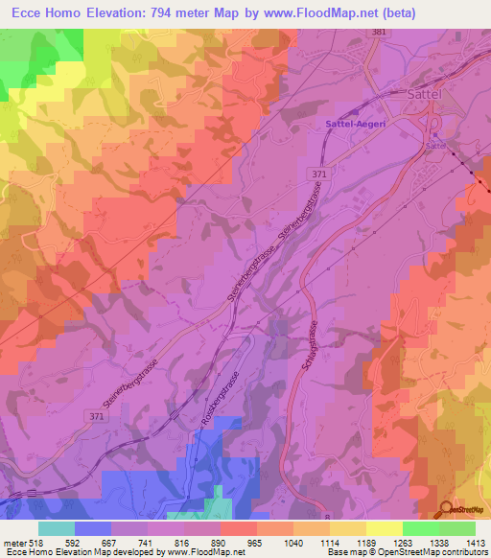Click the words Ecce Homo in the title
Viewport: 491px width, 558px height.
(44, 14)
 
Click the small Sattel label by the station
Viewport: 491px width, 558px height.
(436, 147)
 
